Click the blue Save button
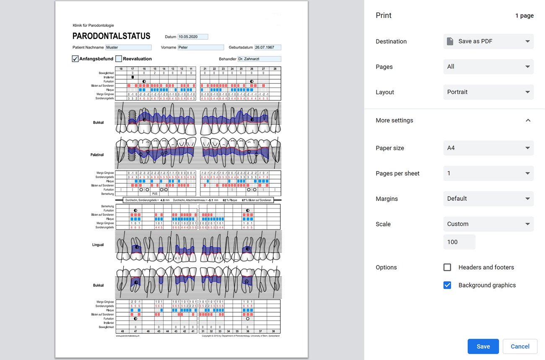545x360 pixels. (483, 347)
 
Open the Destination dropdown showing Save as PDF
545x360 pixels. (488, 41)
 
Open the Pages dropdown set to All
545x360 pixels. (488, 67)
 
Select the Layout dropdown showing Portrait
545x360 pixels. (488, 92)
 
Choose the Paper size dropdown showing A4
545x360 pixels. (488, 148)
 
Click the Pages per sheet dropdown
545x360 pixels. (488, 174)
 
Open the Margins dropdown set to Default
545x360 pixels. (488, 199)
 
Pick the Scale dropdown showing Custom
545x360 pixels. (488, 224)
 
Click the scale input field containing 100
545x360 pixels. (459, 242)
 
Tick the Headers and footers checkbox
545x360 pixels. (447, 267)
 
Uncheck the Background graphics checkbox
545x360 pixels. (447, 285)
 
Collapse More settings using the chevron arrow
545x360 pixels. (528, 120)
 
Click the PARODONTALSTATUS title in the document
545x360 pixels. (111, 36)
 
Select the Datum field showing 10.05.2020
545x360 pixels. (193, 37)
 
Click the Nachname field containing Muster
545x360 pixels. (128, 48)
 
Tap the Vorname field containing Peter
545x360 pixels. (201, 48)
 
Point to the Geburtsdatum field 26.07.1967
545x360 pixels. (267, 48)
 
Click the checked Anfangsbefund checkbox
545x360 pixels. (75, 59)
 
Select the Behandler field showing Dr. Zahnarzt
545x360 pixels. (259, 59)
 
